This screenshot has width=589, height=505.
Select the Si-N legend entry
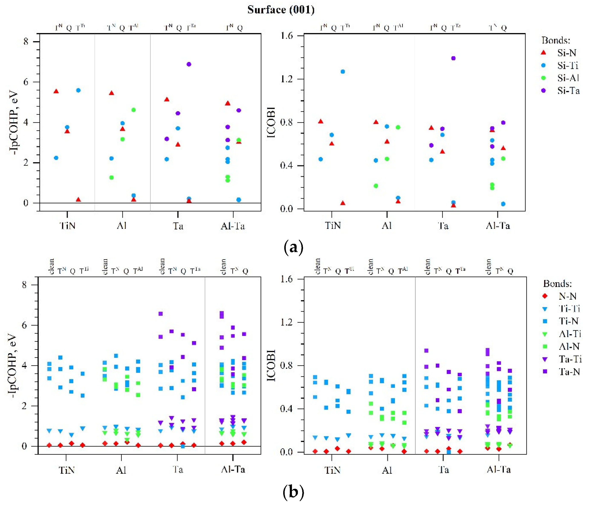[x=566, y=53]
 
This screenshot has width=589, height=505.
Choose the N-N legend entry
[x=567, y=296]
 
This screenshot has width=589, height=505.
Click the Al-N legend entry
[x=569, y=346]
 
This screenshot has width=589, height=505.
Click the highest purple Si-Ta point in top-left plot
[x=189, y=64]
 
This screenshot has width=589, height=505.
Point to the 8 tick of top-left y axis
[x=26, y=42]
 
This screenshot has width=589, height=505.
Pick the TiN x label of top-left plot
[x=68, y=226]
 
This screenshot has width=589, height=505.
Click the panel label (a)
[x=294, y=247]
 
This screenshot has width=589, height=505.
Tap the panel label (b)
[x=294, y=492]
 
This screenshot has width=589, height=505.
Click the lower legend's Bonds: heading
[x=557, y=284]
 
